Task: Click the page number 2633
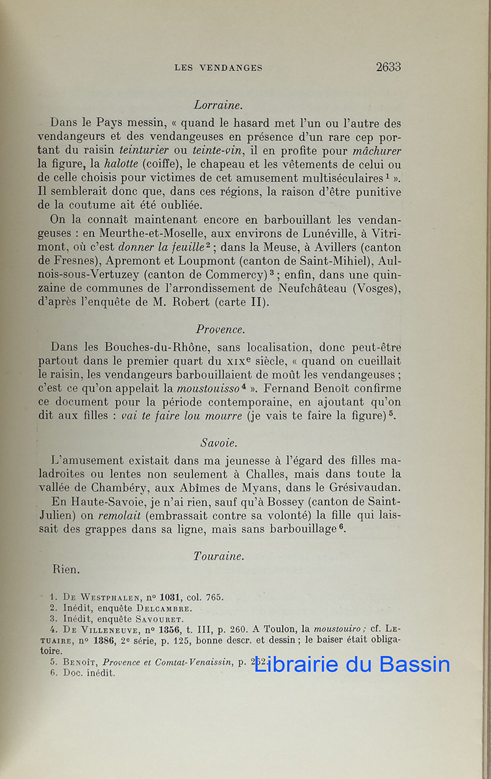[x=388, y=66]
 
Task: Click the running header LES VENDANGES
[x=218, y=68]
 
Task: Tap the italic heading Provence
[x=220, y=329]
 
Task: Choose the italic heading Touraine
[x=219, y=556]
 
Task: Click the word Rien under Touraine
[x=66, y=569]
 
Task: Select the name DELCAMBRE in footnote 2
[x=164, y=608]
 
